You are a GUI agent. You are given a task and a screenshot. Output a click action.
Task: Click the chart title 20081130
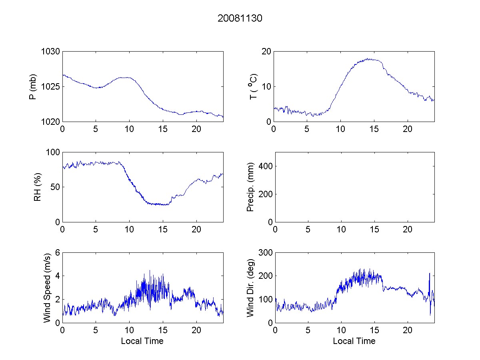240,18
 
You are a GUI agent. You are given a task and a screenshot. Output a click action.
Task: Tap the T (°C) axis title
253,86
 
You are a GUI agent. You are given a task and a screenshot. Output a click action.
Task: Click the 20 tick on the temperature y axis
266,52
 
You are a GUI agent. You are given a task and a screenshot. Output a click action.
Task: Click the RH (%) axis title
38,187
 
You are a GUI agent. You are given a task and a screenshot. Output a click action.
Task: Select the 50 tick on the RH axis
55,187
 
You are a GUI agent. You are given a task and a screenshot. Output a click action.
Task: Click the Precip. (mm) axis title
251,187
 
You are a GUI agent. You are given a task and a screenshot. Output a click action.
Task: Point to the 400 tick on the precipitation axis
265,166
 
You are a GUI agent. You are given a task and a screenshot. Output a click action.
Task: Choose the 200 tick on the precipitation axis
265,194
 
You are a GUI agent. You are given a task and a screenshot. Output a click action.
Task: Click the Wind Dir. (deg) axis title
251,287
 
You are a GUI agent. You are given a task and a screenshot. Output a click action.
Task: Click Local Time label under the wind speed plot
142,341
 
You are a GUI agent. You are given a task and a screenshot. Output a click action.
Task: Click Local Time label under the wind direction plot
354,341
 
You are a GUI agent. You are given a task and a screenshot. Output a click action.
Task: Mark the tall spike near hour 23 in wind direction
430,274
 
